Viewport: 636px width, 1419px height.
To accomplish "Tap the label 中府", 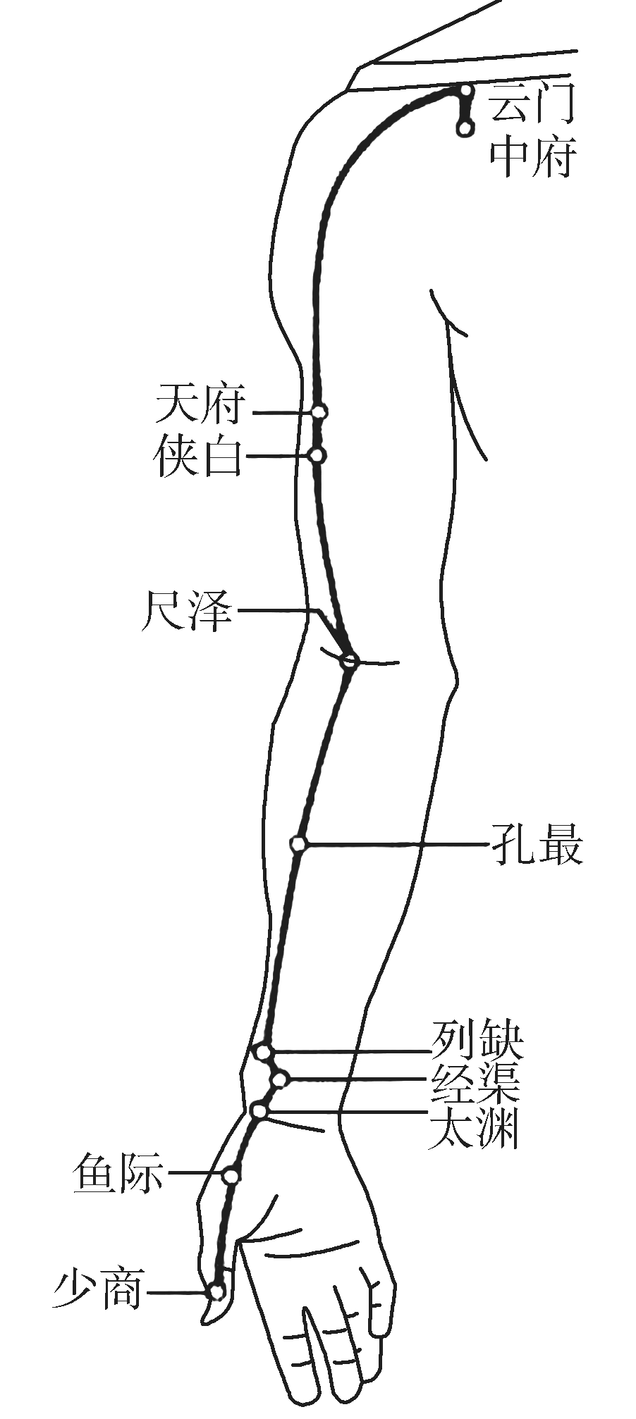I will [x=533, y=156].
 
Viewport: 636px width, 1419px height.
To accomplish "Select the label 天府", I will [x=201, y=404].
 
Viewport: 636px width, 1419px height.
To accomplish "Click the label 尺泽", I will [x=188, y=610].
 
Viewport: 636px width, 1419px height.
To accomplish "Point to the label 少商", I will [x=99, y=1289].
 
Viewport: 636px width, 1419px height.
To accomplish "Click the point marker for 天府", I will [x=319, y=411].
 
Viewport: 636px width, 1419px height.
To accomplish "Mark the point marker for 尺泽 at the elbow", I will [x=349, y=661].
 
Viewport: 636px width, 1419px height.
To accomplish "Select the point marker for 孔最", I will [x=299, y=843].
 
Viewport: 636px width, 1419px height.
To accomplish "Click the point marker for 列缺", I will [x=263, y=1053].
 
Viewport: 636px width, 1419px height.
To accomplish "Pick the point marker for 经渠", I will [x=280, y=1079].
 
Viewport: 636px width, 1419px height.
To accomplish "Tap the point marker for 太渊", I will [x=259, y=1111].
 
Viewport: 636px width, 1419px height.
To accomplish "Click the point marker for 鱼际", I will [x=231, y=1175].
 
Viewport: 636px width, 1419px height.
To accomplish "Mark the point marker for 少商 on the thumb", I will [x=216, y=1291].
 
